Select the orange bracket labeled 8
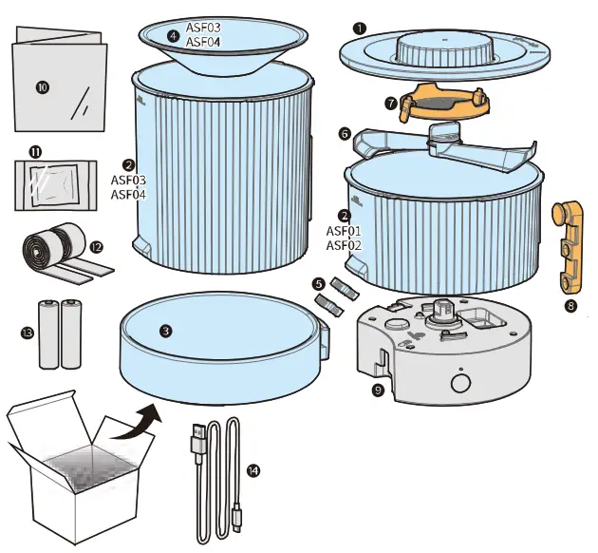click(569, 248)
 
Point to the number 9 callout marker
click(379, 389)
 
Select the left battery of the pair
click(49, 334)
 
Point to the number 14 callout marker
click(251, 469)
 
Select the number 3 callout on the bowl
click(166, 332)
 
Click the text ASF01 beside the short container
click(345, 231)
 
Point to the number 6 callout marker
click(345, 135)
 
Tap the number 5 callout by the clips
click(318, 283)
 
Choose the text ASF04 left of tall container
click(127, 195)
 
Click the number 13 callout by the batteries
click(26, 333)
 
